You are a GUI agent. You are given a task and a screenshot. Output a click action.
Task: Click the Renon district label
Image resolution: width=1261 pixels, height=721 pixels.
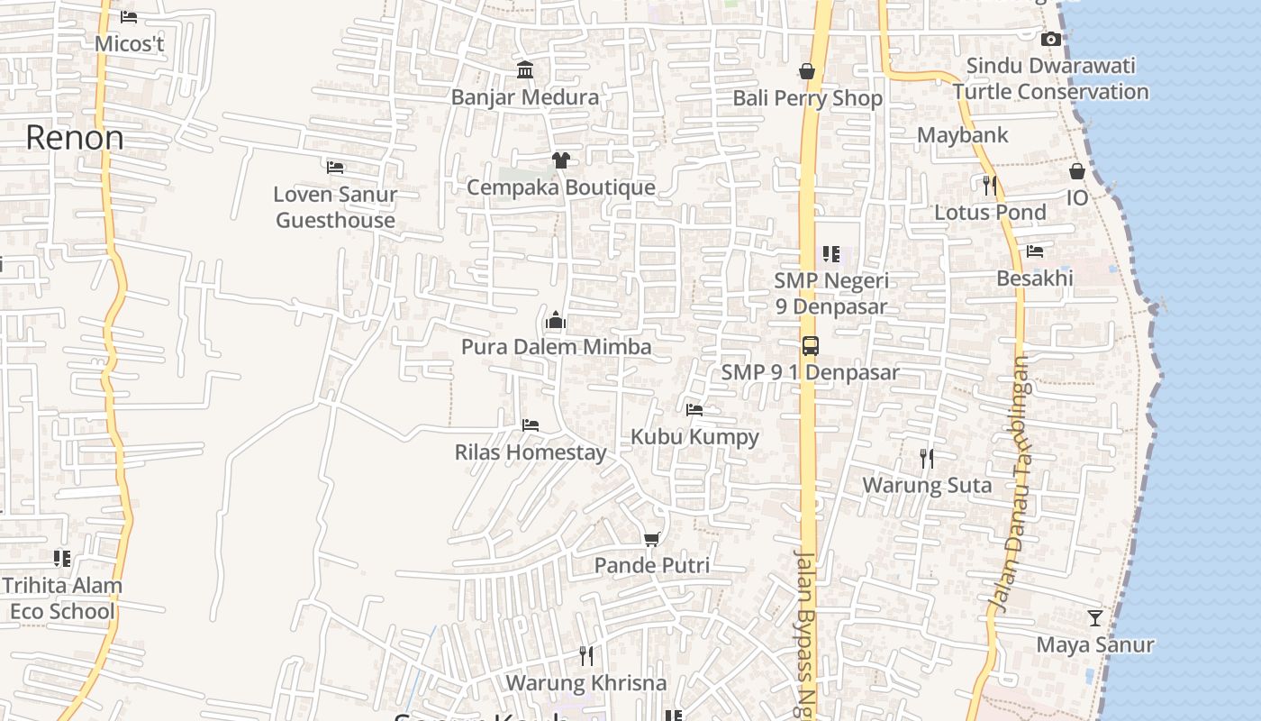(75, 138)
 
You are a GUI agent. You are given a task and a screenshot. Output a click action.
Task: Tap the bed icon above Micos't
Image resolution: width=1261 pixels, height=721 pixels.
(129, 17)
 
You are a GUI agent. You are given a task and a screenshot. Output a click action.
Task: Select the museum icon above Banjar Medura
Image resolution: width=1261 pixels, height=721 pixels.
(525, 69)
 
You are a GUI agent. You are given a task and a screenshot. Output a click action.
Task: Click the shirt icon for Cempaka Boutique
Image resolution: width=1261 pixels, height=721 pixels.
(560, 160)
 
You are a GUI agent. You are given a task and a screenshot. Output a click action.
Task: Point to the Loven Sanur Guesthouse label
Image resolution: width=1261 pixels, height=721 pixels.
(335, 207)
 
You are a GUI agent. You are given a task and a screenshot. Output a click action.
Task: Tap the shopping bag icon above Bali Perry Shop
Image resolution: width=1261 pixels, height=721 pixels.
(807, 71)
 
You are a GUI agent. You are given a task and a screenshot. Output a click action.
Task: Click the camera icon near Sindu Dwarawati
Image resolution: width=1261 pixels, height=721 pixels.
(1050, 39)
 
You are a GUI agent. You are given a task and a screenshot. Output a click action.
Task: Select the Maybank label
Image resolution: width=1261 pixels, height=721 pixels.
(962, 136)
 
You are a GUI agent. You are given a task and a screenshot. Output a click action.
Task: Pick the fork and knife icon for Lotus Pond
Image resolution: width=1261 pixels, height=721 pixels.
(990, 186)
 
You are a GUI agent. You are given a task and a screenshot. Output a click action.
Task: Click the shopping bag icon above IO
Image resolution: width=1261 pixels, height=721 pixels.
(1077, 171)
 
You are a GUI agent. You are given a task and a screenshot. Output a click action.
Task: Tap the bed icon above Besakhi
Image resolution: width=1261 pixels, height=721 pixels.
(1035, 251)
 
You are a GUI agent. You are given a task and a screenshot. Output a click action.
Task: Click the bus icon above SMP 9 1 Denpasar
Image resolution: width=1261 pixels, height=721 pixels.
(811, 345)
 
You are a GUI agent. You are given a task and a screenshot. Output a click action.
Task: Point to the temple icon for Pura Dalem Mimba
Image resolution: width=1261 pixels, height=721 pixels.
(556, 320)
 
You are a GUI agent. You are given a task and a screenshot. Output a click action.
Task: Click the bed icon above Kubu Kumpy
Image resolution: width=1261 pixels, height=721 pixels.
(694, 410)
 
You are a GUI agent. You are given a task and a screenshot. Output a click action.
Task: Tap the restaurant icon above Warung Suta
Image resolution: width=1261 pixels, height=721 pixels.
(927, 459)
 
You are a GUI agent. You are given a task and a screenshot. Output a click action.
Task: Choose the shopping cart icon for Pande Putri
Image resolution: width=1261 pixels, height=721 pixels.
(652, 539)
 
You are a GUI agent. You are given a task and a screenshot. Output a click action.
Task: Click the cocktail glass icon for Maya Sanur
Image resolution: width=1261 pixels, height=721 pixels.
(1095, 618)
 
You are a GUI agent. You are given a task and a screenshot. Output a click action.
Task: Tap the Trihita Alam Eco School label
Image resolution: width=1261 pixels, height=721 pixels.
(61, 598)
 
